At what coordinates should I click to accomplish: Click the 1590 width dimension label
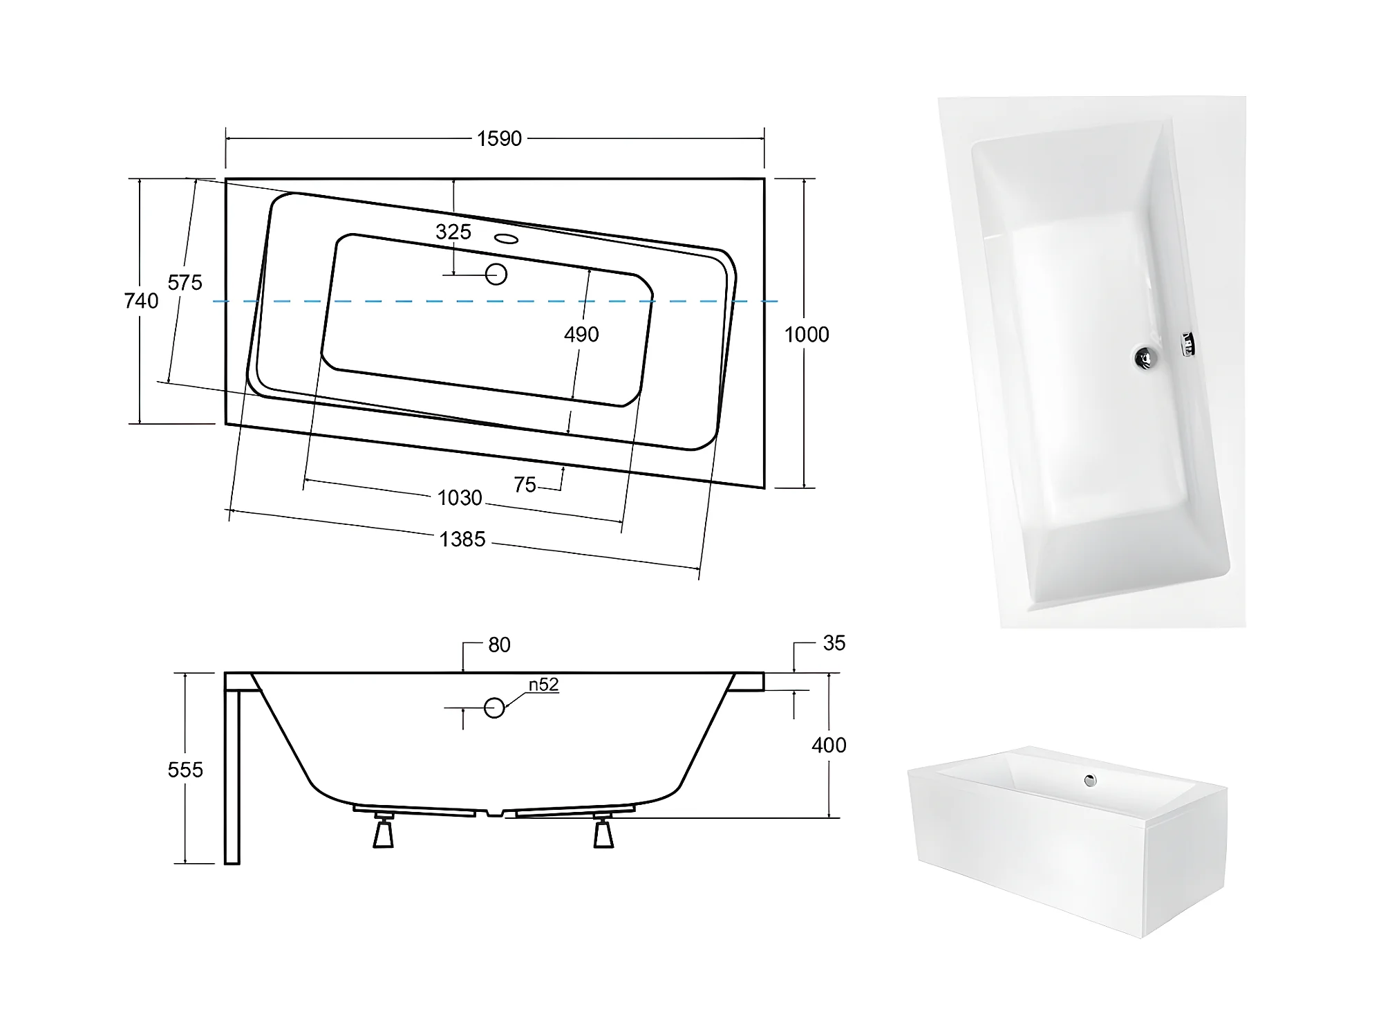(x=499, y=139)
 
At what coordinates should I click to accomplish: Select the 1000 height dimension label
(x=807, y=335)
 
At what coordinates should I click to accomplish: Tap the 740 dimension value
(x=141, y=301)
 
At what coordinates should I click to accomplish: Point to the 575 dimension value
(x=185, y=282)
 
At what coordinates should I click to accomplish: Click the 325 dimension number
(x=453, y=232)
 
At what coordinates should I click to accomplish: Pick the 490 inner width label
(x=581, y=335)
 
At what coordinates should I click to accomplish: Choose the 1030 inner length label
(x=460, y=498)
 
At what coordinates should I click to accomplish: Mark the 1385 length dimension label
(x=462, y=539)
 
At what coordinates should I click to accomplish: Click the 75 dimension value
(x=525, y=485)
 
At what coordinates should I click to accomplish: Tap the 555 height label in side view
(x=185, y=770)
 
